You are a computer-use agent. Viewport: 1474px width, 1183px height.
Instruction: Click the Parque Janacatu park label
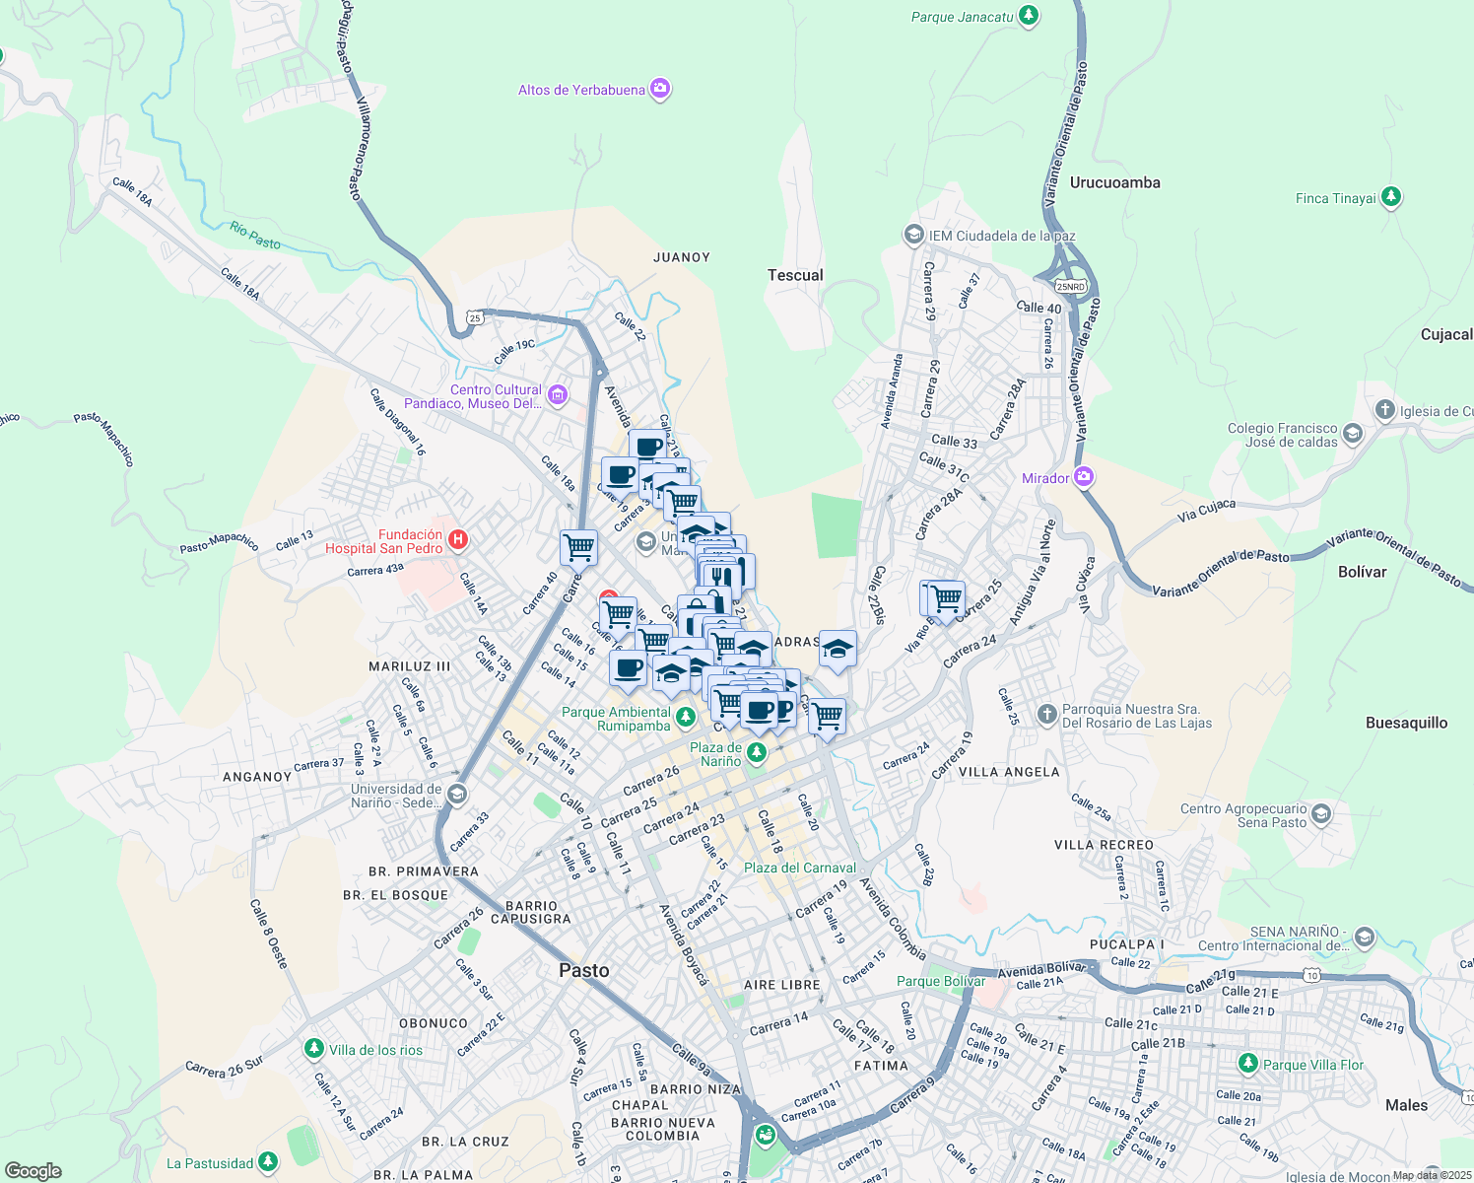(962, 17)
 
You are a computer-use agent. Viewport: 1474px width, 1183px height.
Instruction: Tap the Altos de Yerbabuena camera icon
(660, 90)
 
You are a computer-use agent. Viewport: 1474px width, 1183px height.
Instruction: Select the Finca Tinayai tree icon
(1390, 198)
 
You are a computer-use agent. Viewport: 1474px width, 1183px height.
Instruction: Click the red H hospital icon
(457, 540)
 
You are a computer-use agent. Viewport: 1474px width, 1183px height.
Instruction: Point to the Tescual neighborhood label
(795, 275)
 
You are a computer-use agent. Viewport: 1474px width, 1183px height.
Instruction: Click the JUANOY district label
(681, 257)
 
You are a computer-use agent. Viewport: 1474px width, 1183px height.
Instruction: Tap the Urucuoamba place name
(1114, 182)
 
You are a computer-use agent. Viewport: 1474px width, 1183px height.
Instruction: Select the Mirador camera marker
(1084, 478)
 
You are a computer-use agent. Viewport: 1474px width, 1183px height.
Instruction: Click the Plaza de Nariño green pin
(756, 754)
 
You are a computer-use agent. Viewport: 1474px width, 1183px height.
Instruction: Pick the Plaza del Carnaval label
(799, 868)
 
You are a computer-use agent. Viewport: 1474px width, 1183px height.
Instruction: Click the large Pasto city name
(584, 970)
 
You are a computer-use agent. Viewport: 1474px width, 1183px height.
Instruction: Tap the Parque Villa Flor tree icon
(1247, 1065)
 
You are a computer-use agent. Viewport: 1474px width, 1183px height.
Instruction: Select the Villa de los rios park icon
(314, 1050)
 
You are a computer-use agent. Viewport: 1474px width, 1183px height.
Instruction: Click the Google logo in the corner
(33, 1170)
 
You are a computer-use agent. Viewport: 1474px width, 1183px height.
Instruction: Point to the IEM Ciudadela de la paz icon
(913, 236)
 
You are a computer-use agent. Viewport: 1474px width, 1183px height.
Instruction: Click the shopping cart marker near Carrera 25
(946, 597)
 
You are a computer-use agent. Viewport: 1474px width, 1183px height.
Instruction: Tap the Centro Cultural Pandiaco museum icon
(558, 396)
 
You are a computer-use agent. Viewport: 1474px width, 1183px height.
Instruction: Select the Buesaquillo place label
(1406, 723)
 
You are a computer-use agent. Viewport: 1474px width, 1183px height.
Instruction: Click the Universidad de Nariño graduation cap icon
(456, 795)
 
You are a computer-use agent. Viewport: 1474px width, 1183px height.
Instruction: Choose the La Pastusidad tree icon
(268, 1163)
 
